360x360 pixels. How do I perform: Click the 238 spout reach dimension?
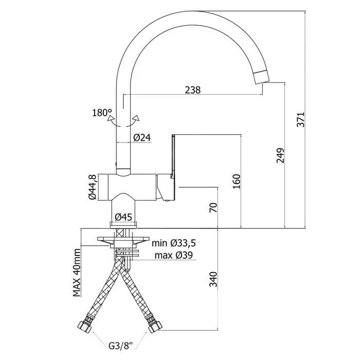192,89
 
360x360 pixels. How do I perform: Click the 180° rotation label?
101,113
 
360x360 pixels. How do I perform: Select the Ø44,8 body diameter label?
92,187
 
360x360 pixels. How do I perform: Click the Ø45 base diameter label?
124,217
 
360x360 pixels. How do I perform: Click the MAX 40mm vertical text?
77,273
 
